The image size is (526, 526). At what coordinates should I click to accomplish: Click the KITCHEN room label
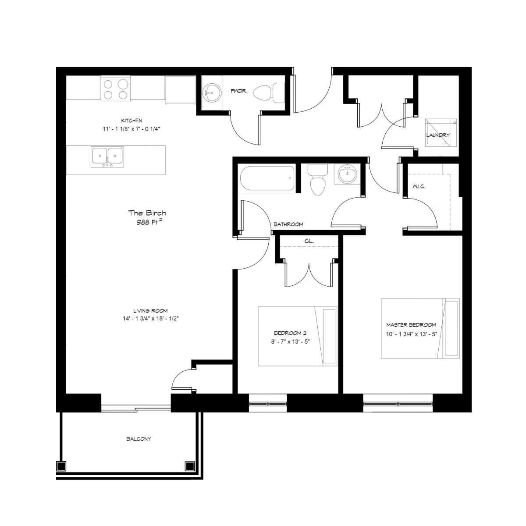click(131, 121)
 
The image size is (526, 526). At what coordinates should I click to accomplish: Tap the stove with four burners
click(115, 88)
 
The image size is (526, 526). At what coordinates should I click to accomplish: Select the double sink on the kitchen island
click(107, 157)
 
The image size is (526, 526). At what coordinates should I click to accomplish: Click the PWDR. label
click(239, 91)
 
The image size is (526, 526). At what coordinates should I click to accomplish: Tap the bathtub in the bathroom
click(267, 178)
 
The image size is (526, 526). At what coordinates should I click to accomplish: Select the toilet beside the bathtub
click(318, 180)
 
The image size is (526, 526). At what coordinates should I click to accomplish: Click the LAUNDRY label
click(437, 135)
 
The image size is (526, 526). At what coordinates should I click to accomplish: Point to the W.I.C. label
click(419, 187)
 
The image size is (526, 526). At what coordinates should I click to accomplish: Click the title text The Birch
click(147, 213)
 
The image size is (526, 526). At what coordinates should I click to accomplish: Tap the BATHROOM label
click(288, 224)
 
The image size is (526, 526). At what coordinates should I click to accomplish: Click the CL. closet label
click(309, 241)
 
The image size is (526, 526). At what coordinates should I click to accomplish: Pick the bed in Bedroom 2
click(298, 336)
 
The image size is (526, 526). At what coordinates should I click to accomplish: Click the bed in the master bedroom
click(420, 328)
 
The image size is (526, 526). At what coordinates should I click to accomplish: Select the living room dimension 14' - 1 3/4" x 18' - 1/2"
click(150, 318)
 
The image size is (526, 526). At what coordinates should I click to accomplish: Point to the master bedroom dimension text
click(411, 334)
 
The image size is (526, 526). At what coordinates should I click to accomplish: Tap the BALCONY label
click(139, 439)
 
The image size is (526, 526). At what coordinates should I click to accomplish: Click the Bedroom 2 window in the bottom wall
click(268, 404)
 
